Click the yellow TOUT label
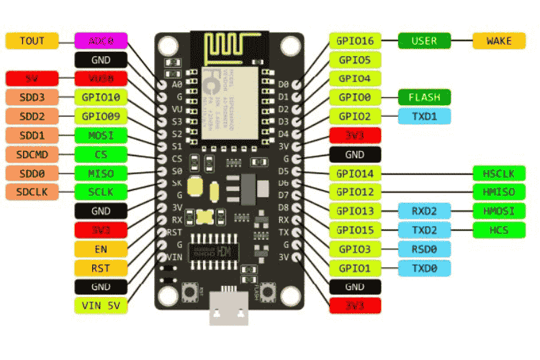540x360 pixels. (x=32, y=40)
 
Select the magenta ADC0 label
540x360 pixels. (x=101, y=40)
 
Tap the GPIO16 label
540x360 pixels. (x=355, y=40)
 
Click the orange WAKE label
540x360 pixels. (x=499, y=40)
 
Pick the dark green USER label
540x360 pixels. (x=424, y=40)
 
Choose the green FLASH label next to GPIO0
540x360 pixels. (x=424, y=96)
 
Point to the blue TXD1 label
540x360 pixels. (x=424, y=116)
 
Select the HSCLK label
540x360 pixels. (x=499, y=173)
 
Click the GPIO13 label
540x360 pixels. (x=355, y=211)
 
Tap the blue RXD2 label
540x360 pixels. (x=424, y=211)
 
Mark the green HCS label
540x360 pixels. (x=499, y=230)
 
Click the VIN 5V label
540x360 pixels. (x=101, y=305)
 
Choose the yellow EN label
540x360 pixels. (x=101, y=248)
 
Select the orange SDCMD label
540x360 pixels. (x=32, y=154)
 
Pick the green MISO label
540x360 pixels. (x=101, y=173)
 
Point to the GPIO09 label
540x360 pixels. (x=101, y=116)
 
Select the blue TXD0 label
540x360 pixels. (x=424, y=268)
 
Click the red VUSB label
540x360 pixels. (x=101, y=78)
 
